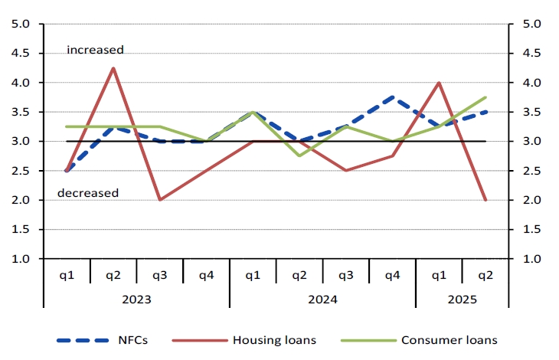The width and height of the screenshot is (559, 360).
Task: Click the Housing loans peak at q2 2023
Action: (x=113, y=68)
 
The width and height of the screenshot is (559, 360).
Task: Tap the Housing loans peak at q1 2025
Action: (x=439, y=83)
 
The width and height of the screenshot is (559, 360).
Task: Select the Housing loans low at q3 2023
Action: (x=160, y=200)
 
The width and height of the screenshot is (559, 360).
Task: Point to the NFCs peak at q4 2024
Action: (x=393, y=97)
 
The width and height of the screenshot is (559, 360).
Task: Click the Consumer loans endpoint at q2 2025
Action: (x=485, y=97)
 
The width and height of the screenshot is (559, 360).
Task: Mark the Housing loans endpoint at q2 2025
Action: (x=485, y=200)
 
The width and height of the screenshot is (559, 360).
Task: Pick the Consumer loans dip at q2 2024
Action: (x=299, y=155)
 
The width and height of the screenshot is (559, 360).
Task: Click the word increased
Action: (x=95, y=50)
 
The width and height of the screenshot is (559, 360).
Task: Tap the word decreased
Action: (x=88, y=193)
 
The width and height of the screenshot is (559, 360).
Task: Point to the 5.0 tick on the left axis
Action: (x=21, y=24)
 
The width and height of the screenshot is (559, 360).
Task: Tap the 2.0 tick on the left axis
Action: (x=21, y=200)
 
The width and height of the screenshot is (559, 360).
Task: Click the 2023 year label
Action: (x=136, y=298)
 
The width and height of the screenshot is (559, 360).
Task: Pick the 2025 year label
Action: (x=462, y=298)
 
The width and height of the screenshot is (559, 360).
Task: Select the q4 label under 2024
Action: (x=393, y=273)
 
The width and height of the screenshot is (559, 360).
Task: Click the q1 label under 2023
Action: (x=67, y=273)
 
